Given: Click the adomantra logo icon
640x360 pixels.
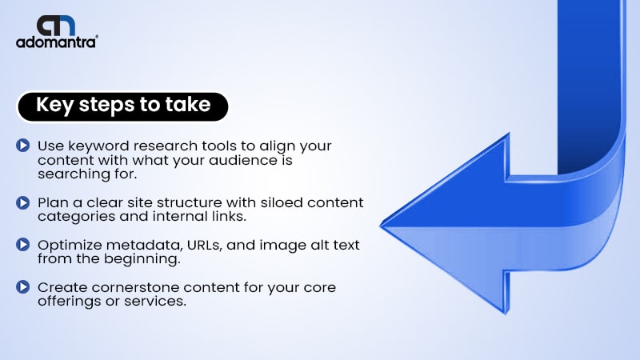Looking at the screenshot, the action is click(x=56, y=26).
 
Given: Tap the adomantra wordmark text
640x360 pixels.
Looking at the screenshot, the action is click(x=57, y=42).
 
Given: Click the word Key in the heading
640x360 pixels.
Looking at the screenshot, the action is click(x=54, y=106).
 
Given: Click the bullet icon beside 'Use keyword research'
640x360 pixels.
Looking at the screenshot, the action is click(x=23, y=146).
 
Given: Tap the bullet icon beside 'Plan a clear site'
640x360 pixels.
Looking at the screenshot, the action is click(x=23, y=202).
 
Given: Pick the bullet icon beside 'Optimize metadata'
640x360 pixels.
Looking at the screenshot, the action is click(x=23, y=245).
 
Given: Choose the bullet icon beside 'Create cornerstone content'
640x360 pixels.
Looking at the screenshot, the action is click(x=23, y=287).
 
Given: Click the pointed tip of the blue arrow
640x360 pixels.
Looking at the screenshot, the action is click(x=381, y=226).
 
